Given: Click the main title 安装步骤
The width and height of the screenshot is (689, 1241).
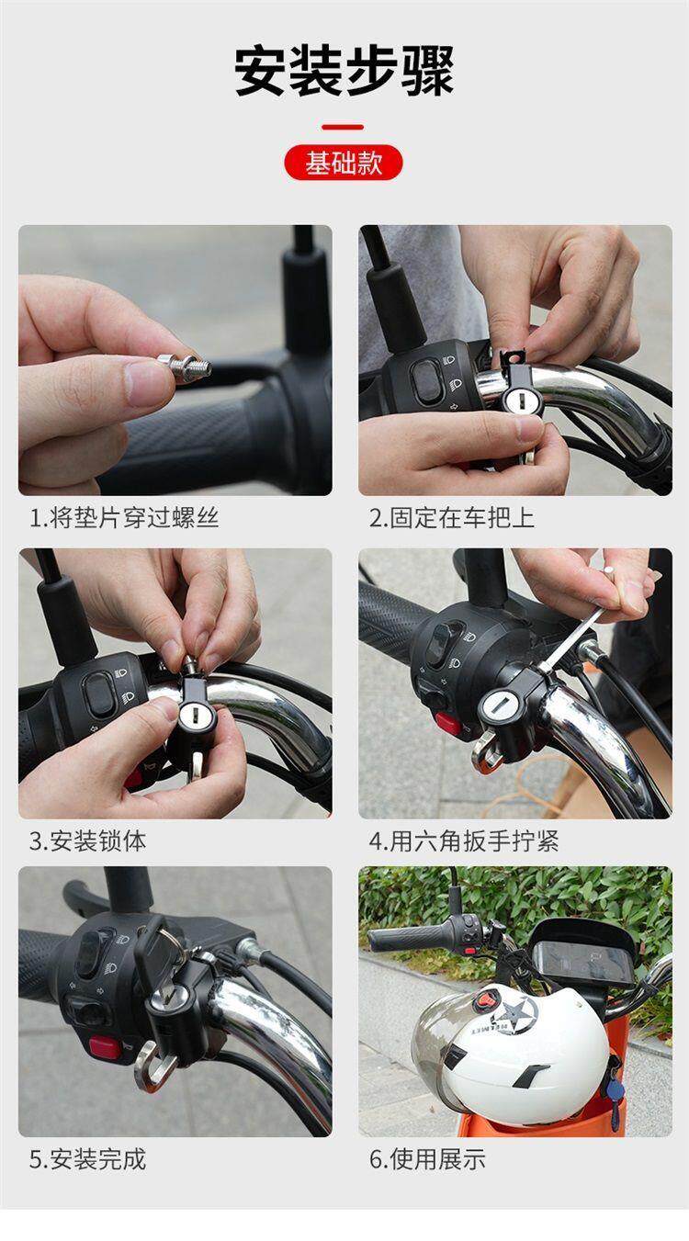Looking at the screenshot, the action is [344, 72].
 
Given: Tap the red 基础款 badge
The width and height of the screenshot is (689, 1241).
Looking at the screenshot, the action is [344, 163].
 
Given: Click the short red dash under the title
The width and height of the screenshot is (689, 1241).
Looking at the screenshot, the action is [343, 127].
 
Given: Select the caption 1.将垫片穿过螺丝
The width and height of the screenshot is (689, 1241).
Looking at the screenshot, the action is [124, 518].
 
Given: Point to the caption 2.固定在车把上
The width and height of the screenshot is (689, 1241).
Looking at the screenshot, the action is [452, 518].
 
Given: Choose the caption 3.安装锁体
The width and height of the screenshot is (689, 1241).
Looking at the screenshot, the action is [87, 841].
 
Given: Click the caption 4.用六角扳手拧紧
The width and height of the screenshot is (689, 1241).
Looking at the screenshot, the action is [464, 841].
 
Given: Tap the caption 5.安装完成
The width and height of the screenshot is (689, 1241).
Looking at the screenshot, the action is [87, 1159].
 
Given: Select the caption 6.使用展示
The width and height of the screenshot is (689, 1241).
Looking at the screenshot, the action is [427, 1159].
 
